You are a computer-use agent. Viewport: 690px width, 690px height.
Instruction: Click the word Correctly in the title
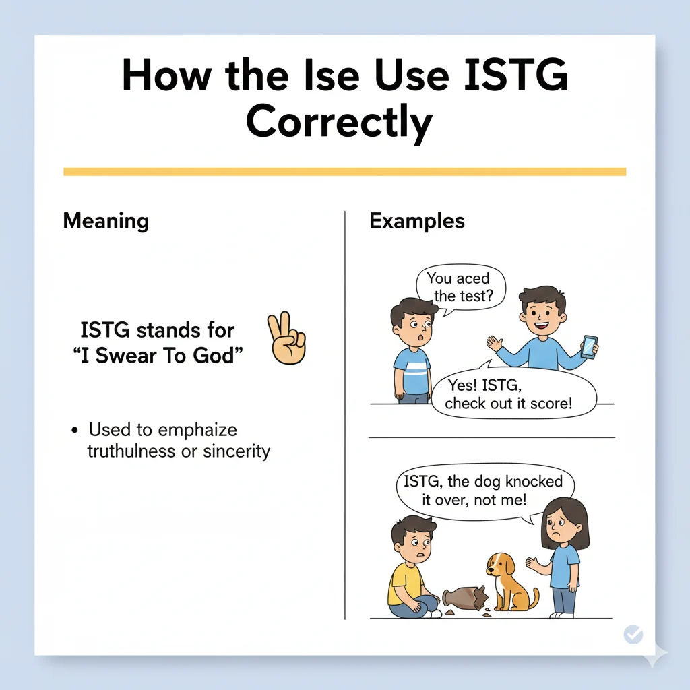(338, 123)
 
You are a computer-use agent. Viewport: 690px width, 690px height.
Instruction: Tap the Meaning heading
(106, 221)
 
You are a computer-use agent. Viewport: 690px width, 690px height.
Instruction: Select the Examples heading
(416, 221)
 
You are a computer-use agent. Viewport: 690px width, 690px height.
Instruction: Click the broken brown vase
(465, 597)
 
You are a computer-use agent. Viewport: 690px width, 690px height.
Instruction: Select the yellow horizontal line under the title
(344, 172)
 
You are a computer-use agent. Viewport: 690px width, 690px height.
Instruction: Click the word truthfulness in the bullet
(131, 451)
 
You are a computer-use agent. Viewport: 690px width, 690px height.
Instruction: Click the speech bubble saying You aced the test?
(460, 287)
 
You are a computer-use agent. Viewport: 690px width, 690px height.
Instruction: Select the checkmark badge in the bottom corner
(633, 634)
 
